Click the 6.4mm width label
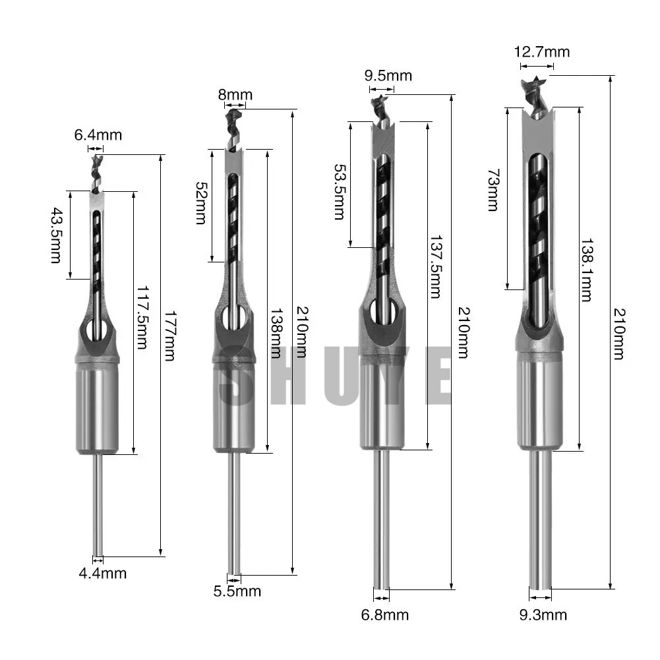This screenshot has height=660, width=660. click(98, 135)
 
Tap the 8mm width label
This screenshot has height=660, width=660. click(235, 95)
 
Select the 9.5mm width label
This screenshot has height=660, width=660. click(388, 76)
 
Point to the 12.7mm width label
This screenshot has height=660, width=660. click(542, 52)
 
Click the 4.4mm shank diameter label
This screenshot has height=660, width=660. click(103, 573)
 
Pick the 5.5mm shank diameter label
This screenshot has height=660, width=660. click(237, 591)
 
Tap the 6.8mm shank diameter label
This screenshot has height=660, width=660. click(384, 615)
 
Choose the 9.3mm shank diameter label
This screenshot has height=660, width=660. click(543, 615)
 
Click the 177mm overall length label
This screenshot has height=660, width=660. click(169, 336)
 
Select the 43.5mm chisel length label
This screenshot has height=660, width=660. click(56, 235)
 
